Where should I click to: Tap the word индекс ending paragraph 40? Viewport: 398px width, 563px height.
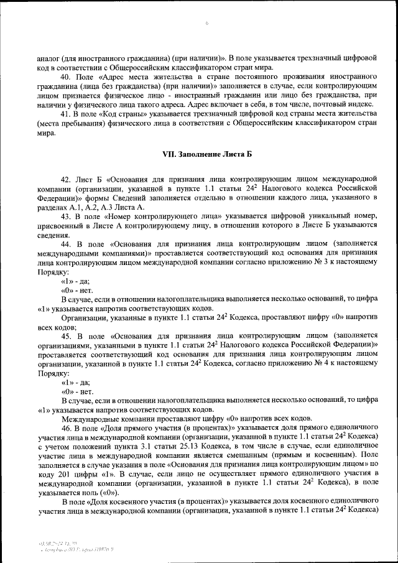click(361, 105)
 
